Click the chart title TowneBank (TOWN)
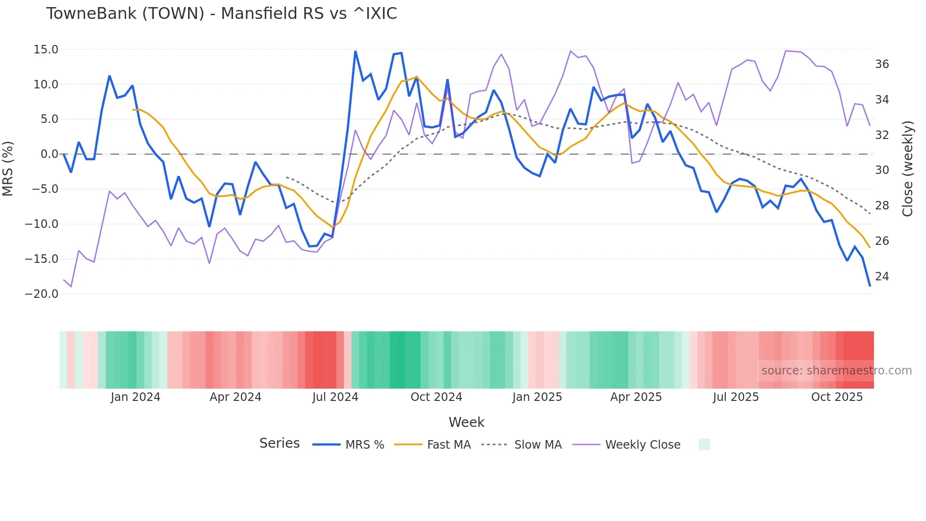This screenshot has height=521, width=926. pyautogui.click(x=221, y=14)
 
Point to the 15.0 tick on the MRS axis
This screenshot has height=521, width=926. pyautogui.click(x=46, y=50)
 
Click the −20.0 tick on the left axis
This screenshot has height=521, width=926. pyautogui.click(x=42, y=294)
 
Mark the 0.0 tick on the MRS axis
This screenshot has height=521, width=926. pyautogui.click(x=49, y=154)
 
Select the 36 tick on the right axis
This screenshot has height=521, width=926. pyautogui.click(x=882, y=64)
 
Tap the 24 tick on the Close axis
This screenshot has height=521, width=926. pyautogui.click(x=882, y=276)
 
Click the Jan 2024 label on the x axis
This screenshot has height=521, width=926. pyautogui.click(x=136, y=397)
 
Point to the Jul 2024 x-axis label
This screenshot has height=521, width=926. pyautogui.click(x=335, y=397)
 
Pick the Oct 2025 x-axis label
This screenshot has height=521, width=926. pyautogui.click(x=837, y=397)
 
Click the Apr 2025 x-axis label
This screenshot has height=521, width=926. pyautogui.click(x=636, y=397)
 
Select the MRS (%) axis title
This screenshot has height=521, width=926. pyautogui.click(x=8, y=168)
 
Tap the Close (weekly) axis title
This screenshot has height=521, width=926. pyautogui.click(x=908, y=169)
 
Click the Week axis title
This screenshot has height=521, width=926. pyautogui.click(x=466, y=422)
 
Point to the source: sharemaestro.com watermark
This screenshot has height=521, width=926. pyautogui.click(x=836, y=371)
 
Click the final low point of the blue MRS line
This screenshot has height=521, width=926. pyautogui.click(x=870, y=286)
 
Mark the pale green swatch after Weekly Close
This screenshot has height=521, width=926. pyautogui.click(x=704, y=444)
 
